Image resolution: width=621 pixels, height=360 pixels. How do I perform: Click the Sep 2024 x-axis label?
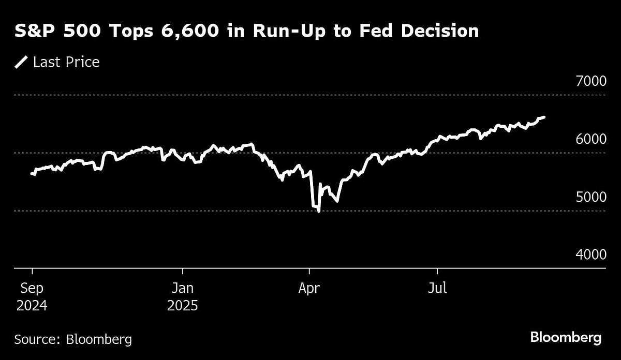pos(32,296)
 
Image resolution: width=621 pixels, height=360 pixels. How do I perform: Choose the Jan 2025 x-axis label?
pos(182,296)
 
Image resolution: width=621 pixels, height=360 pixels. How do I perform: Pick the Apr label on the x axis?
pos(309,288)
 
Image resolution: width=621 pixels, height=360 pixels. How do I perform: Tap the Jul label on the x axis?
pos(437,288)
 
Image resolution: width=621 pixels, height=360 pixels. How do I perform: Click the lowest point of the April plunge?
pos(318,211)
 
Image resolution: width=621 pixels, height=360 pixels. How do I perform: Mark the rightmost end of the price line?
pos(544,117)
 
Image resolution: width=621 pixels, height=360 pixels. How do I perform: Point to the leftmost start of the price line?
pos(32,174)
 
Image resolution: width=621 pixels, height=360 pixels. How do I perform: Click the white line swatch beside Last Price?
pos(21,63)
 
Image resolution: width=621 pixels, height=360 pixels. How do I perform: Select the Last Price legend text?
pos(66,63)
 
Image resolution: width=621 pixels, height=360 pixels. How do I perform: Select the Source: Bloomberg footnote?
pos(73,339)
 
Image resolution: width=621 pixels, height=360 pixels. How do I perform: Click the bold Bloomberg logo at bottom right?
pos(566,338)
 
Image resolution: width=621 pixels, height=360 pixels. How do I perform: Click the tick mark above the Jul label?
pos(437,271)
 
